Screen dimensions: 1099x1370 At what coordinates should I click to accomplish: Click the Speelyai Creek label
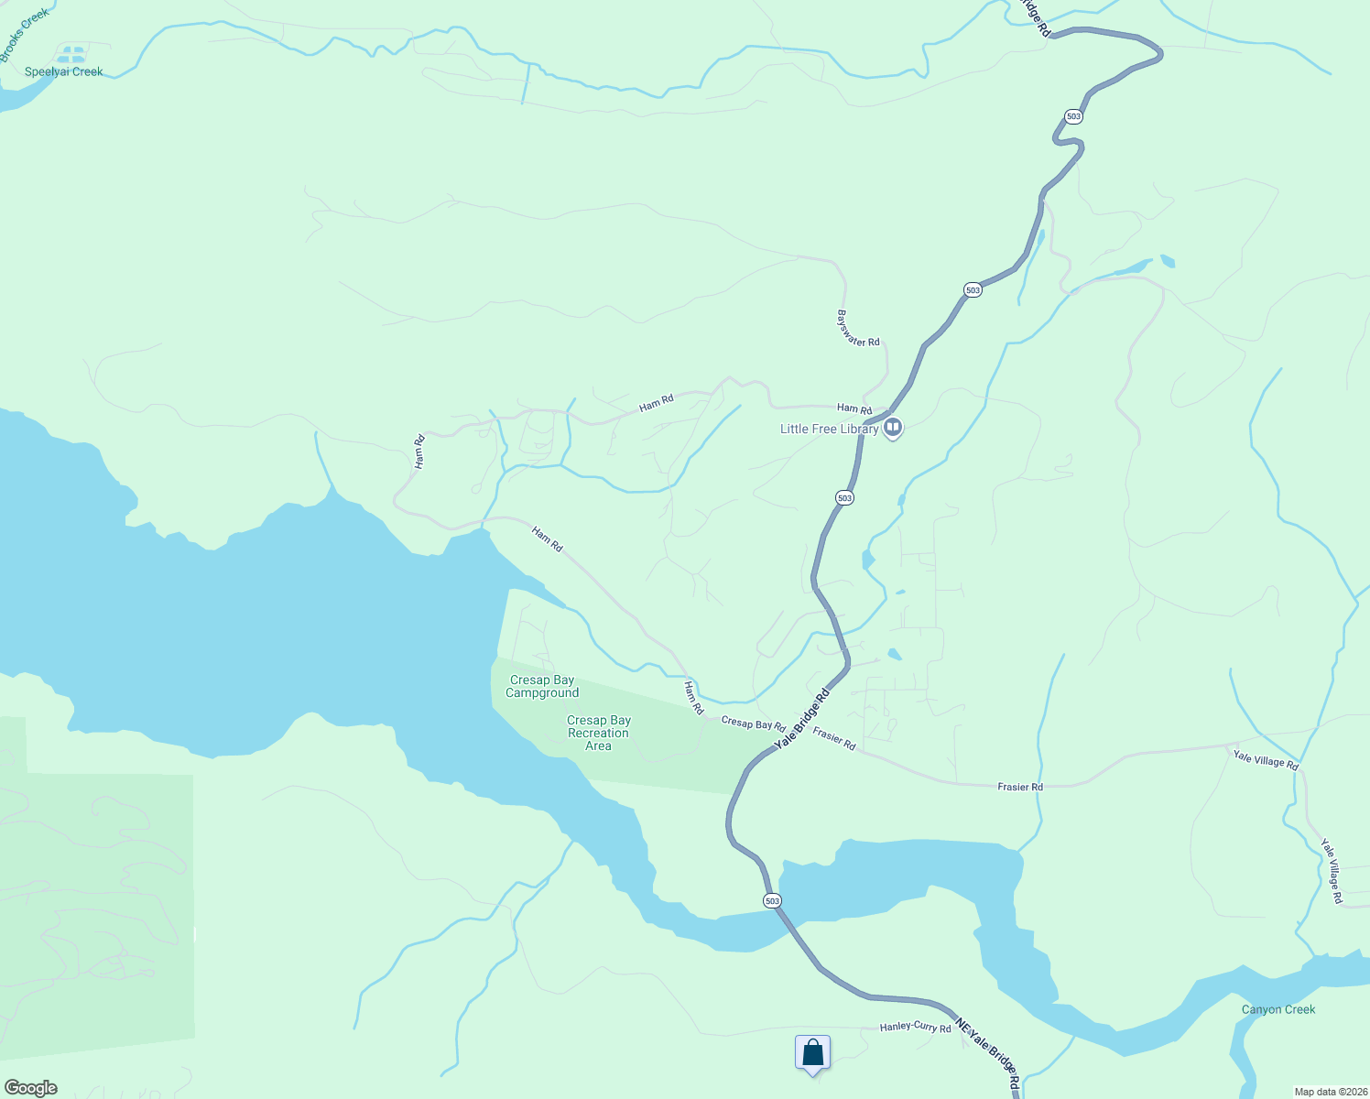pos(64,71)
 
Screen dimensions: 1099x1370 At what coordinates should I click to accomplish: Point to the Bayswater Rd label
pos(858,328)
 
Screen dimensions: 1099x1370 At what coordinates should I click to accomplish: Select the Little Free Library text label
pos(829,429)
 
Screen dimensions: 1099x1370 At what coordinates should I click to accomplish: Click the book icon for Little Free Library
pos(893,428)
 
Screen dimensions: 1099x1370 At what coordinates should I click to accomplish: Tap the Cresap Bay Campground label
pos(542,686)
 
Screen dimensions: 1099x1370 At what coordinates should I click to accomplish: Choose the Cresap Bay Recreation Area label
pos(599,733)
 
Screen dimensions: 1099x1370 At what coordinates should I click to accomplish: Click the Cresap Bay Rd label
pos(753,724)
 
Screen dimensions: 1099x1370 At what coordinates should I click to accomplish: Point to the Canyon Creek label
pos(1278,1009)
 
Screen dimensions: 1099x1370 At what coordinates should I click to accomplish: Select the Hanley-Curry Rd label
pos(916,1027)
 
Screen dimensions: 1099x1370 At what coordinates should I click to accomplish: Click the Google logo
pos(31,1088)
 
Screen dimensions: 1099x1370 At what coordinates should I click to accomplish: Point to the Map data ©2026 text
pos(1329,1092)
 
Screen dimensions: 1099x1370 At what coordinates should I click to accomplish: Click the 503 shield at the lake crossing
pos(772,901)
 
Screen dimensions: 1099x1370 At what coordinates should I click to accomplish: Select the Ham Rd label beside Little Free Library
pos(854,408)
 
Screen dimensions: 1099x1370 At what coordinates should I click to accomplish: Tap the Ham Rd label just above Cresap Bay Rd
pos(694,698)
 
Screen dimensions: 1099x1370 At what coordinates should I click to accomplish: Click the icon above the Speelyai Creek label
pos(71,53)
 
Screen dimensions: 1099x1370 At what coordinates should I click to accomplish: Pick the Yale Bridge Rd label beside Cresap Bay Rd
pos(802,720)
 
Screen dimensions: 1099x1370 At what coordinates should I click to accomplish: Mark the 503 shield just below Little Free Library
pos(844,497)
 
